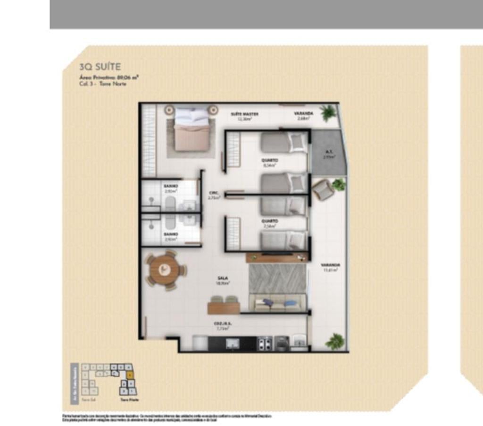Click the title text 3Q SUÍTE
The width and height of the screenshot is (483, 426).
pyautogui.click(x=100, y=67)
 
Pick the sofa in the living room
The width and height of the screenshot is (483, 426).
pyautogui.click(x=277, y=303)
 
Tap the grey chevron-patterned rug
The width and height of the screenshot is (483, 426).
pyautogui.click(x=277, y=278)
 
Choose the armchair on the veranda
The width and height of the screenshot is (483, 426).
pyautogui.click(x=322, y=190)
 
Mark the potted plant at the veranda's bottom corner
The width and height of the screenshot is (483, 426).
pyautogui.click(x=334, y=341)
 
